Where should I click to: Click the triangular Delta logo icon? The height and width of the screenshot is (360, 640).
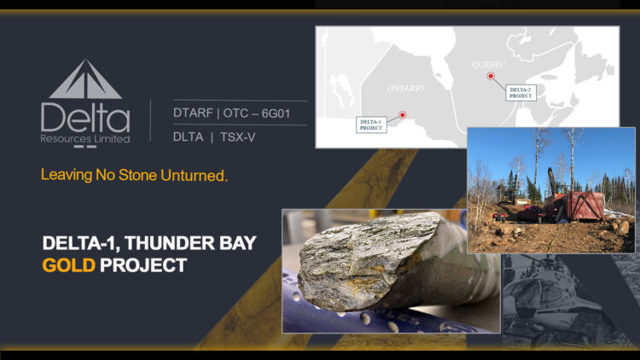pyautogui.click(x=84, y=80)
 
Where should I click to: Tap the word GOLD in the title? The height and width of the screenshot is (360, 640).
pyautogui.click(x=68, y=265)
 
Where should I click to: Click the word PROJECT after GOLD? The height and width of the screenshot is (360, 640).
pyautogui.click(x=143, y=265)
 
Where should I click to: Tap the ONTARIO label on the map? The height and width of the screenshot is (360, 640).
pyautogui.click(x=405, y=88)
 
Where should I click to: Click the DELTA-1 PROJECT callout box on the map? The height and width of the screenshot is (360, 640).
pyautogui.click(x=370, y=125)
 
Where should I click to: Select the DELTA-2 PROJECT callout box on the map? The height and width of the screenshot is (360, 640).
pyautogui.click(x=520, y=92)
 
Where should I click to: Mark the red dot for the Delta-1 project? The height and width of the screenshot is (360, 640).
pyautogui.click(x=403, y=115)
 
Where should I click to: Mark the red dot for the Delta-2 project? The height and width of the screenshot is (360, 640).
pyautogui.click(x=491, y=77)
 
